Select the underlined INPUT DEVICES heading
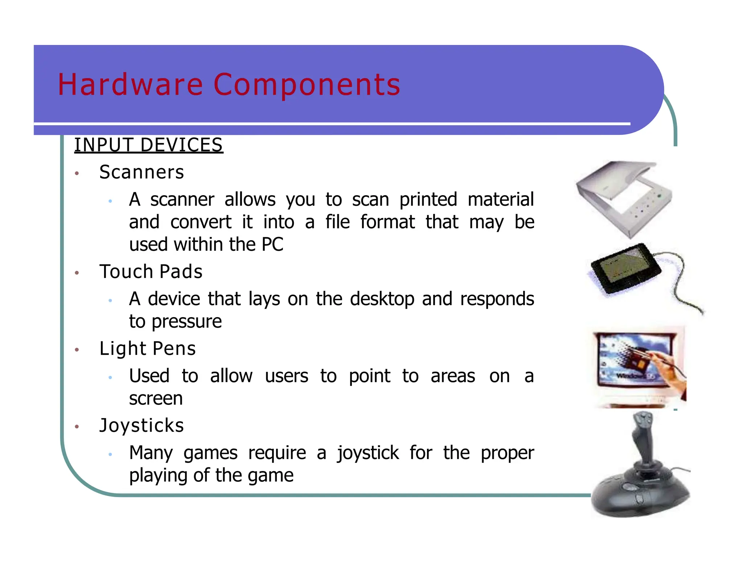click(x=148, y=145)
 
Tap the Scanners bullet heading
click(x=141, y=172)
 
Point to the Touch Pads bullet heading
click(x=151, y=272)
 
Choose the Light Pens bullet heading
click(x=147, y=349)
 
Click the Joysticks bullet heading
click(x=141, y=425)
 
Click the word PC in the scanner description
click(x=272, y=244)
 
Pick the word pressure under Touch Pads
click(x=186, y=322)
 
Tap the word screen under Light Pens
click(x=156, y=398)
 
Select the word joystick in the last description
click(x=368, y=453)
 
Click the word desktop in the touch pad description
click(x=382, y=299)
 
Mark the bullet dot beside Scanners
click(x=77, y=173)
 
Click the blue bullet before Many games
click(x=110, y=454)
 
